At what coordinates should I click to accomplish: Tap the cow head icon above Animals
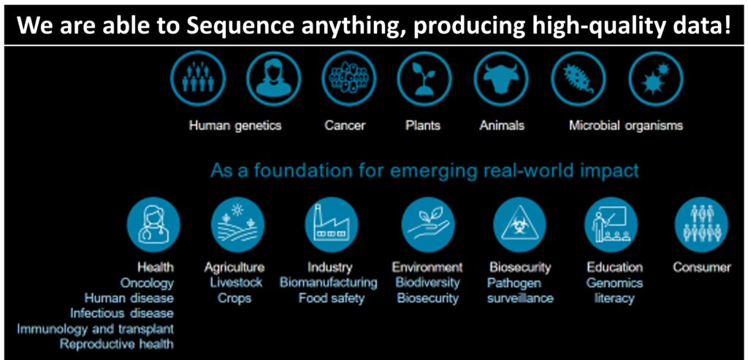(x=501, y=79)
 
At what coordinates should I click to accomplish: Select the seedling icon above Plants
(x=424, y=79)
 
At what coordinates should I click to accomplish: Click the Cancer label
(x=345, y=126)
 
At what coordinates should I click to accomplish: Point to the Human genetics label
(x=235, y=126)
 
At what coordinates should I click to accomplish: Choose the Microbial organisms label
(x=625, y=126)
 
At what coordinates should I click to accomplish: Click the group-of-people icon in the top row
(x=197, y=79)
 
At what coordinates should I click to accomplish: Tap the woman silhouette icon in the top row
(x=274, y=79)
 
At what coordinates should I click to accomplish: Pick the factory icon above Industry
(x=332, y=225)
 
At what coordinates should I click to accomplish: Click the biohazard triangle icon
(x=519, y=225)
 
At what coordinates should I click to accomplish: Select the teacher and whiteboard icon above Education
(x=611, y=225)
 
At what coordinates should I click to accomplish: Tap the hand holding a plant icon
(x=428, y=225)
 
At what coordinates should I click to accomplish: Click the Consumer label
(x=701, y=267)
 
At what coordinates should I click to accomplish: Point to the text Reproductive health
(x=116, y=344)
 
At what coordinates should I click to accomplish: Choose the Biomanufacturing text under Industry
(x=328, y=283)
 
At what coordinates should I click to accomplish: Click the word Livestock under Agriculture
(x=236, y=283)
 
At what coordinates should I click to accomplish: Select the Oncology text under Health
(x=147, y=284)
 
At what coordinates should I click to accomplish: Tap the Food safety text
(x=331, y=299)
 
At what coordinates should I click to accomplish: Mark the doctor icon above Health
(x=153, y=225)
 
